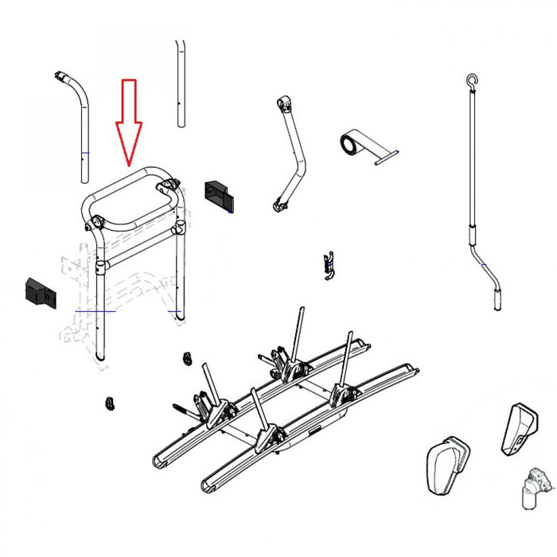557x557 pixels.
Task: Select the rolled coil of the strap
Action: (x=350, y=146)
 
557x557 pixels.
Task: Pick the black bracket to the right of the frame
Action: (x=219, y=195)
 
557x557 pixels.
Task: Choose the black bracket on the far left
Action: (x=39, y=292)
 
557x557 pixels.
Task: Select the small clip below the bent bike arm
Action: (x=326, y=265)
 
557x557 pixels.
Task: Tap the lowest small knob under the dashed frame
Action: (x=107, y=403)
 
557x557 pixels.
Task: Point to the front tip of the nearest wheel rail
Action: (x=208, y=483)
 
